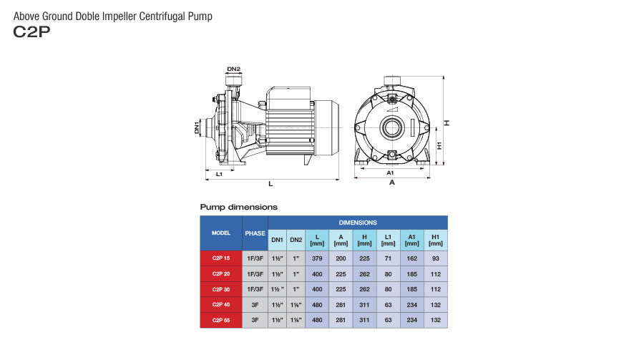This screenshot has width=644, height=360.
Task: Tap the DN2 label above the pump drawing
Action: click(233, 69)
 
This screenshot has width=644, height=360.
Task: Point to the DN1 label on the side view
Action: click(197, 128)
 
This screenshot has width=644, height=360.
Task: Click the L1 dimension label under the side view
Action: click(219, 174)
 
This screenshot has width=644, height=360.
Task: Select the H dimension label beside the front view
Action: click(447, 123)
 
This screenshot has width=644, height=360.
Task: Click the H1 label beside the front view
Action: click(439, 145)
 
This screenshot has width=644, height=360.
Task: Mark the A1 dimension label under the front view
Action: click(390, 173)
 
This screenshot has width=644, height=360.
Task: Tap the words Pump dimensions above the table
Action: click(238, 207)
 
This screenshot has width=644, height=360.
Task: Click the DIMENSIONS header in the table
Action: click(358, 223)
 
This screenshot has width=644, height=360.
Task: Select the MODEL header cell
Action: click(220, 233)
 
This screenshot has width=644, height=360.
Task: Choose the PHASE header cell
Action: click(255, 233)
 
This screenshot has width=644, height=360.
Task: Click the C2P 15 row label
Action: click(220, 258)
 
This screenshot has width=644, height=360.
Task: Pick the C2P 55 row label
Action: click(220, 321)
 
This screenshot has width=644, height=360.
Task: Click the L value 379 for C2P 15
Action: click(316, 258)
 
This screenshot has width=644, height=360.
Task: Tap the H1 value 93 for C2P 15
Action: click(435, 258)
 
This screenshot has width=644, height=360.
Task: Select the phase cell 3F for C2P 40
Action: click(255, 305)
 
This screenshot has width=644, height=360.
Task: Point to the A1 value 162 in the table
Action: click(411, 258)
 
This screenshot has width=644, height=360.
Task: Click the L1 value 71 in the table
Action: click(388, 258)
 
